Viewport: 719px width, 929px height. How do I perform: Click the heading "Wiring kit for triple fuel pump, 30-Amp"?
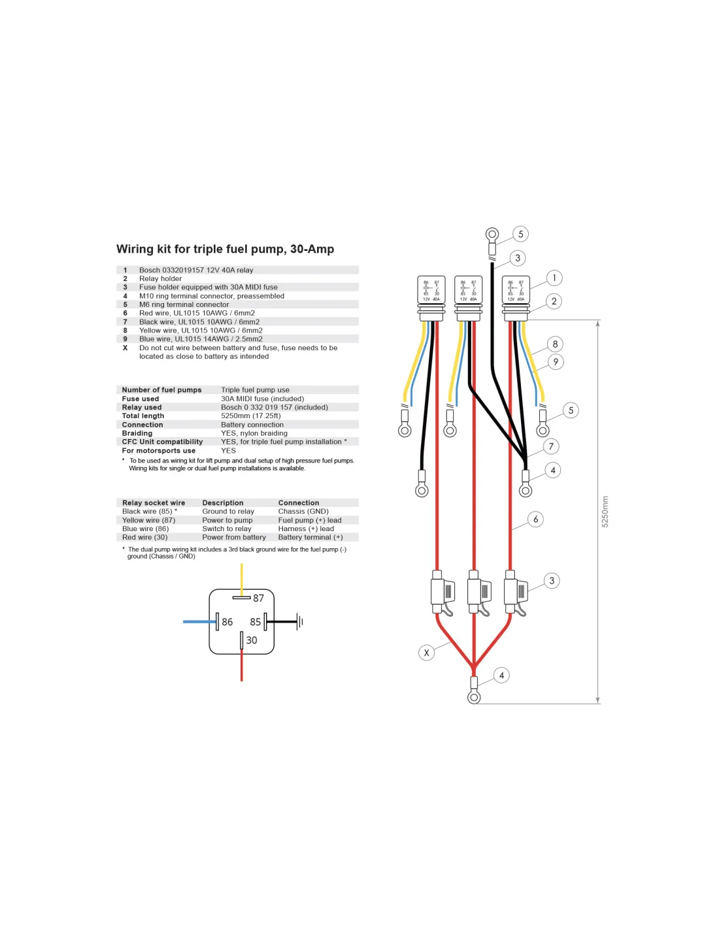coord(225,249)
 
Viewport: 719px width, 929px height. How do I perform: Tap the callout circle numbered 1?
coord(554,278)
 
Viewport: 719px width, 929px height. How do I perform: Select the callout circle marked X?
coord(426,653)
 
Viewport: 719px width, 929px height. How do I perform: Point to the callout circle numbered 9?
coord(556,362)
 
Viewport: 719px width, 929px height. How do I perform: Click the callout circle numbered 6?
coord(535,519)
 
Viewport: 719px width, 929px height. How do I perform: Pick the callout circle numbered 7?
coord(551,446)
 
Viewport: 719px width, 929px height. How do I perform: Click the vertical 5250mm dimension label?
coord(605,512)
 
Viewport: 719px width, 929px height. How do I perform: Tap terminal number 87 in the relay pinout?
coord(258,598)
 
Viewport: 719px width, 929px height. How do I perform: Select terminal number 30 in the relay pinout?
coord(252,640)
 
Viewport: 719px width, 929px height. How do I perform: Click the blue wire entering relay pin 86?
coord(199,622)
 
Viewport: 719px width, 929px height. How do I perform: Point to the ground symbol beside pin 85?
coord(299,622)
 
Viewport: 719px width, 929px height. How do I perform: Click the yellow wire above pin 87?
coord(242,578)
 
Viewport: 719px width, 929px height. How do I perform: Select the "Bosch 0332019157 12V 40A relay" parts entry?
coord(196,270)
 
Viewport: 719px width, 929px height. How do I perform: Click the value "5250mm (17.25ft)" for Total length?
coord(251,416)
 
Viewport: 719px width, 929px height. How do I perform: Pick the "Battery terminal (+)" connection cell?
coord(310,537)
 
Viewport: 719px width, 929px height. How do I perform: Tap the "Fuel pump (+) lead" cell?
coord(310,520)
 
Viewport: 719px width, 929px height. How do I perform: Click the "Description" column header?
coord(223,503)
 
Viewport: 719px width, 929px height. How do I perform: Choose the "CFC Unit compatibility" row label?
coord(162,442)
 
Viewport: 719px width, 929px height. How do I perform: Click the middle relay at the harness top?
coord(468,290)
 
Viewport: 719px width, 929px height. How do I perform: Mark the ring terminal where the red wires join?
coord(475,697)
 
